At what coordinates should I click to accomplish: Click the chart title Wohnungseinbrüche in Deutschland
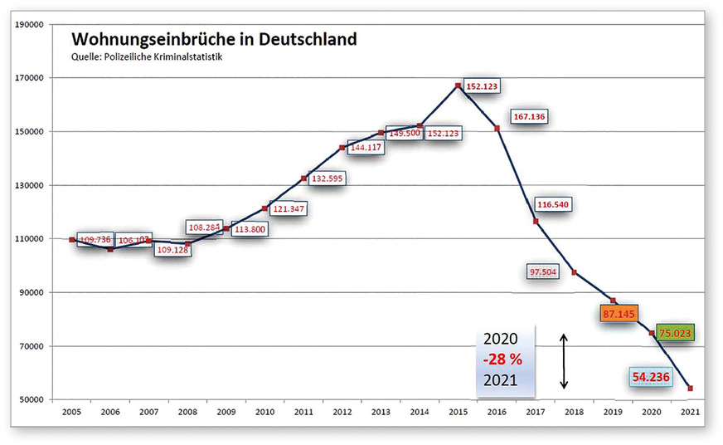tap(214, 40)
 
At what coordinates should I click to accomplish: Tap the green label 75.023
tap(675, 333)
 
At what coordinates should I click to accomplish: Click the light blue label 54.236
tap(653, 375)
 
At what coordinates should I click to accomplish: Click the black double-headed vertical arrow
tap(564, 361)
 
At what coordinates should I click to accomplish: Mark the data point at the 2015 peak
tap(458, 86)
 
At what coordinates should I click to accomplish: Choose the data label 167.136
tap(528, 116)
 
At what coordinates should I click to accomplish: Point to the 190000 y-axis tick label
tap(29, 25)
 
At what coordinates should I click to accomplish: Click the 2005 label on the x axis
tap(72, 412)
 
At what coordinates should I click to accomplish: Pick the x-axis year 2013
tap(381, 412)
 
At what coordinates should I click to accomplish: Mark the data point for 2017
tap(536, 222)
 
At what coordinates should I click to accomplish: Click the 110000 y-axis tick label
tap(29, 239)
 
